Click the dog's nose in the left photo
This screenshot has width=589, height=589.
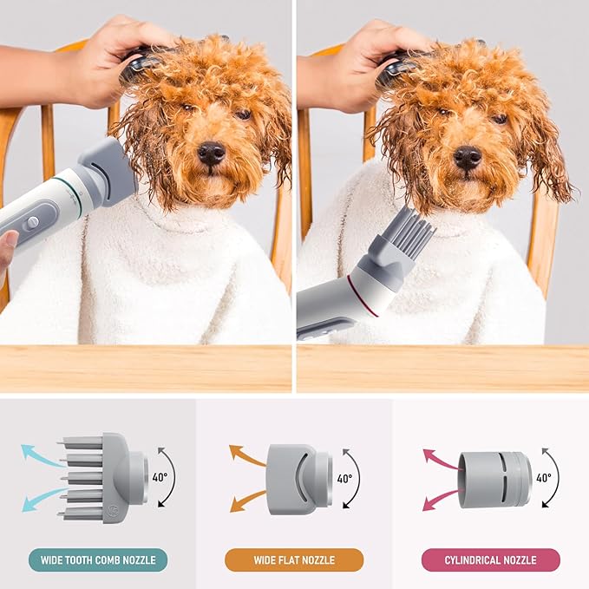click(x=212, y=153)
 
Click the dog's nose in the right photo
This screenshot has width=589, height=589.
click(x=468, y=157)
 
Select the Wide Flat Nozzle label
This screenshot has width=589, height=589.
click(x=294, y=560)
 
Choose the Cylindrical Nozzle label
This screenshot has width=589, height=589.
click(x=490, y=560)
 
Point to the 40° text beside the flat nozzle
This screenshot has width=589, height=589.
click(x=344, y=478)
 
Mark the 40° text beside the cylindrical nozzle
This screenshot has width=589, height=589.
click(x=543, y=477)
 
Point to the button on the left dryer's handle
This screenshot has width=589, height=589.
click(x=32, y=223)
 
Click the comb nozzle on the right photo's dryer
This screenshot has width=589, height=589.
click(x=404, y=239)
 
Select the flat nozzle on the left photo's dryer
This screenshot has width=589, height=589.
click(x=108, y=174)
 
